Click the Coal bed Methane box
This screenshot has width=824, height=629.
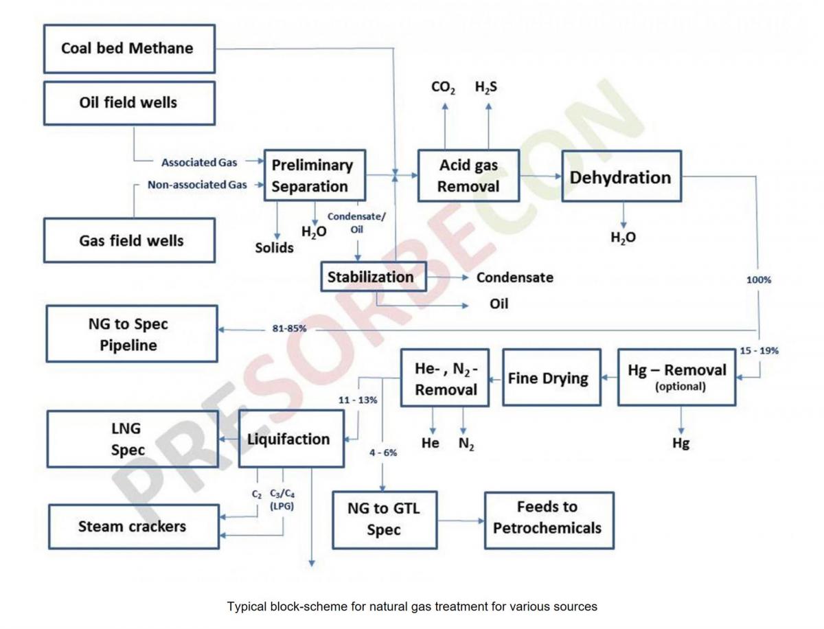pos(129,49)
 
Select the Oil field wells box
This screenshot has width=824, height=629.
pos(129,103)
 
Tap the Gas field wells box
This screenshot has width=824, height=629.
pos(129,240)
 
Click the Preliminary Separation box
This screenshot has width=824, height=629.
pos(314,176)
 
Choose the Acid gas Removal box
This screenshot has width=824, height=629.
pos(468,176)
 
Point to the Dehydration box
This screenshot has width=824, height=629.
pos(621,176)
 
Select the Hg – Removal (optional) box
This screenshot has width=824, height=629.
pos(676,377)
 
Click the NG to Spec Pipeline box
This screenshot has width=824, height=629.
pos(132,334)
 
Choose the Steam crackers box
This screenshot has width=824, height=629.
pos(133,527)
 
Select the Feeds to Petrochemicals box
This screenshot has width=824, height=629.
pos(549,518)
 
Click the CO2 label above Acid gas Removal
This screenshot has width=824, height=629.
pos(444,88)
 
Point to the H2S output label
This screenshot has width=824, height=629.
pos(487,88)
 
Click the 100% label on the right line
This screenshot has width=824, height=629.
pos(759,280)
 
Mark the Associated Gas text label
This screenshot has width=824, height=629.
pos(199,163)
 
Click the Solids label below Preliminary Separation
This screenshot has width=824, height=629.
pos(275,248)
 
